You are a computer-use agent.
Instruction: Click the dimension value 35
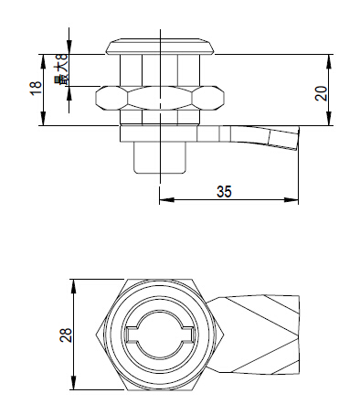[x=224, y=191]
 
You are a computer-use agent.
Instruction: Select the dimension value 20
[x=321, y=93]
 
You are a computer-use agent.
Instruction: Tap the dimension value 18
[x=36, y=89]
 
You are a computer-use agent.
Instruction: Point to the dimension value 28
[x=66, y=335]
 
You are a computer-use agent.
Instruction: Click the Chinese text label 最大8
[x=62, y=70]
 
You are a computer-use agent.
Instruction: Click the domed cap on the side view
[x=160, y=47]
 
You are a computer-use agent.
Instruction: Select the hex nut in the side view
[x=160, y=98]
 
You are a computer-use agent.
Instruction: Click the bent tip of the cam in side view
[x=282, y=139]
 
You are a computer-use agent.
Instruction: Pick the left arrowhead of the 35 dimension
[x=166, y=200]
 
